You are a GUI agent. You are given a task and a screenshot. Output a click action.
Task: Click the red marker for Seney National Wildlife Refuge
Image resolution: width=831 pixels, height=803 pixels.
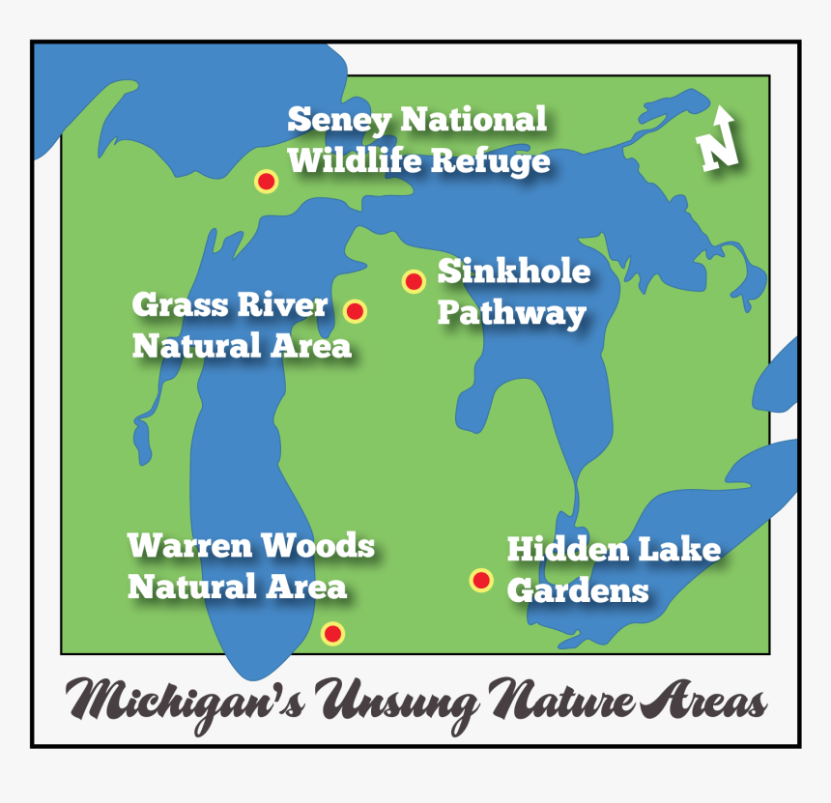[x=266, y=181]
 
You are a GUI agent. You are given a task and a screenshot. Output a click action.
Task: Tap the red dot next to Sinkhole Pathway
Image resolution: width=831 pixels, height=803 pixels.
[x=414, y=281]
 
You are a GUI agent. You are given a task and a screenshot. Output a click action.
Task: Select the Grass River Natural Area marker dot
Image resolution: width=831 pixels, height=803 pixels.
[x=355, y=311]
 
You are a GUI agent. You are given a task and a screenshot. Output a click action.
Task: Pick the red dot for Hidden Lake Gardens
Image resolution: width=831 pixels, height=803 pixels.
[x=481, y=580]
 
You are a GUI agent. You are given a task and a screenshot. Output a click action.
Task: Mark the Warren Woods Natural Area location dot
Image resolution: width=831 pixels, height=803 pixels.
[x=332, y=634]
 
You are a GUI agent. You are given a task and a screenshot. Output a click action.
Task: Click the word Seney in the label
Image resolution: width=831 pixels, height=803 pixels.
[x=339, y=121]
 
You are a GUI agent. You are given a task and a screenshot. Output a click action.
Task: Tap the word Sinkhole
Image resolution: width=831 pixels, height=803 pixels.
[x=513, y=272]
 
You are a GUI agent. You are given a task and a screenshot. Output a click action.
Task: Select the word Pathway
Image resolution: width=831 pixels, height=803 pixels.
[x=511, y=314]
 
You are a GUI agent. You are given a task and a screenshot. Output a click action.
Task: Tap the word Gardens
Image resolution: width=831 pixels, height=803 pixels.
[x=577, y=590]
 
